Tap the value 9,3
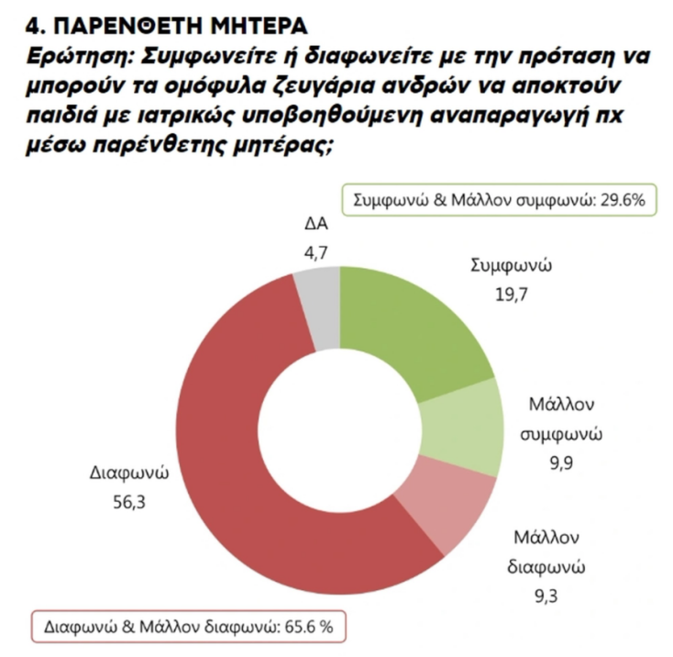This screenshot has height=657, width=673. pos(546,596)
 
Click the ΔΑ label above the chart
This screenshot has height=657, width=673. pos(314,223)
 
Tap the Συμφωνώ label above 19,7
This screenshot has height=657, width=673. pos(510,266)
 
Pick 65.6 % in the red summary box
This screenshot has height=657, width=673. pos(310,629)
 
